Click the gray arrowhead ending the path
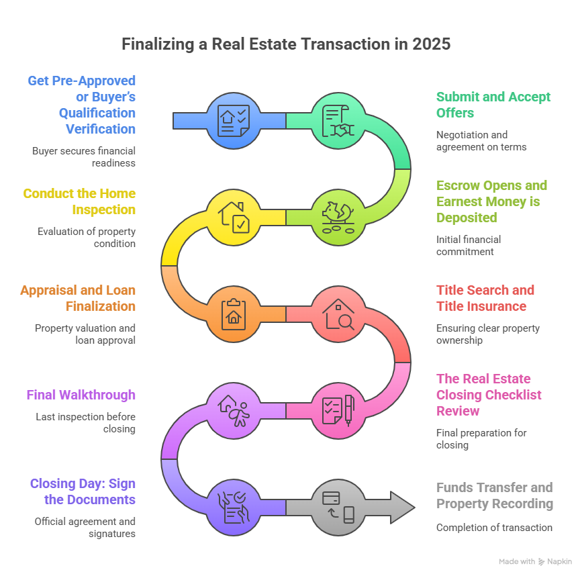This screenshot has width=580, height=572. point(401,508)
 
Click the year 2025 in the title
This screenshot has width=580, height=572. point(432,44)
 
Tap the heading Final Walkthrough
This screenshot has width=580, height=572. point(81,395)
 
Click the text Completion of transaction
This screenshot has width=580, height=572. point(494,528)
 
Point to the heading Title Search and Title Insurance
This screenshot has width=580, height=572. point(485,298)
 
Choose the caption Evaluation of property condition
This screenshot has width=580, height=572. point(86,238)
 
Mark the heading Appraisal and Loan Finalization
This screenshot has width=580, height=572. point(78,298)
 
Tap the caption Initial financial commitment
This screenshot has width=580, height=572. point(469,245)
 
